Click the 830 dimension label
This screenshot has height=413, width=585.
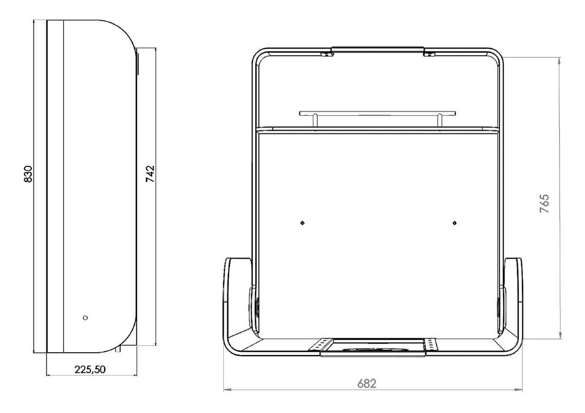click(28, 174)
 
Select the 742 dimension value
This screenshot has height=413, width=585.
click(150, 174)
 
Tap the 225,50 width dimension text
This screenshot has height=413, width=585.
click(90, 369)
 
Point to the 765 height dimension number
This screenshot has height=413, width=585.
click(545, 203)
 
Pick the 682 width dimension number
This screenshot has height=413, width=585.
click(367, 384)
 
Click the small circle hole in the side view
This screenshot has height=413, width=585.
click(85, 318)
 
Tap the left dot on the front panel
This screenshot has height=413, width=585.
click(303, 223)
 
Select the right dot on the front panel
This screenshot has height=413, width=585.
click(454, 223)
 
